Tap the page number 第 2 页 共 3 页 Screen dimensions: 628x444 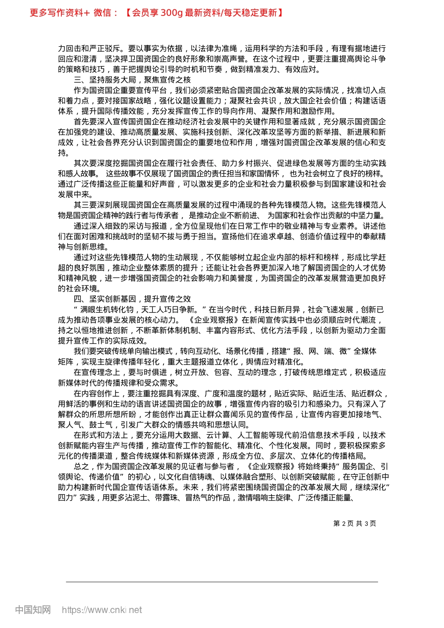(355, 523)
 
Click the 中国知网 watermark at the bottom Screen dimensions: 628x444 (33, 610)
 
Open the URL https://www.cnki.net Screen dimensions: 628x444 (102, 610)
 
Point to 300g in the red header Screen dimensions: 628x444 (171, 13)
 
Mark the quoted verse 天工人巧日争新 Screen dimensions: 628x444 (167, 309)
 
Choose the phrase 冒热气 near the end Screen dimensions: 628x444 (197, 498)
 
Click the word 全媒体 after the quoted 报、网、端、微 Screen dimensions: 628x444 (365, 351)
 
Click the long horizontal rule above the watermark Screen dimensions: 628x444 (222, 582)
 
